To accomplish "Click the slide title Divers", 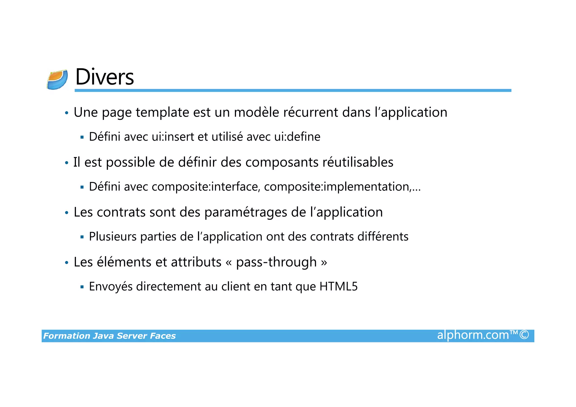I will [x=105, y=77].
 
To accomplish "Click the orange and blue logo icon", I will [x=57, y=80].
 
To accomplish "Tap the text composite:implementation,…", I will [x=342, y=187].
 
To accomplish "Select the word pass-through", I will [x=276, y=262].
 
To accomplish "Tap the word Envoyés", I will [x=111, y=287].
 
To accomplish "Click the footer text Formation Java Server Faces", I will [x=109, y=336].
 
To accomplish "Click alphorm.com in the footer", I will [x=473, y=335].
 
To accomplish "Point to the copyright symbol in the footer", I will [x=524, y=335].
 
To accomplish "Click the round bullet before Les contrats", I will [x=67, y=213].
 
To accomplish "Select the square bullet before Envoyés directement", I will [x=82, y=287].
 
